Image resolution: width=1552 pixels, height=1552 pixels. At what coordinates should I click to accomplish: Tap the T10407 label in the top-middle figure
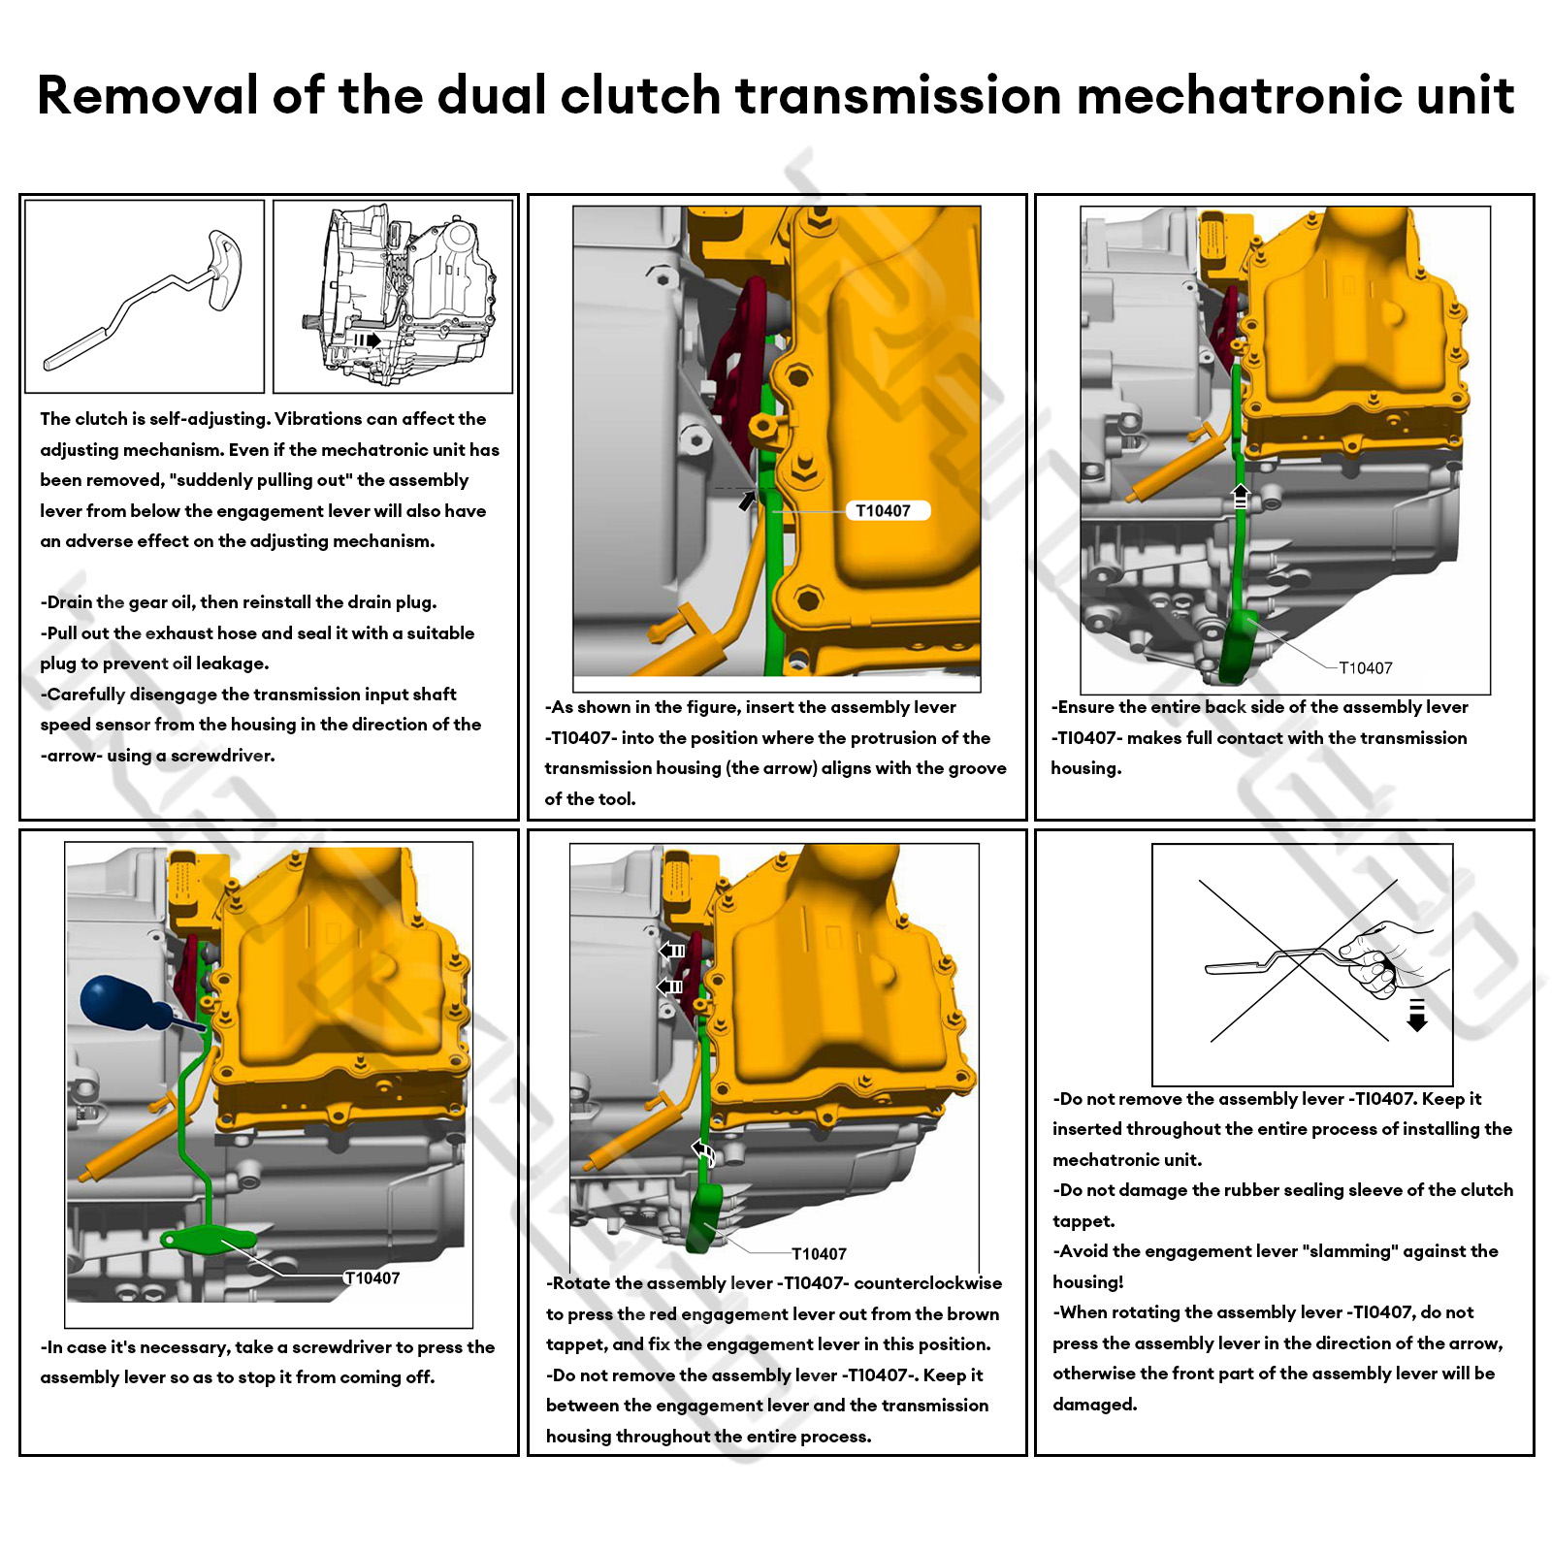click(x=883, y=511)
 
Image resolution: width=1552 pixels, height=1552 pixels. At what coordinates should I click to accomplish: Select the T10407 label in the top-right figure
click(x=1366, y=668)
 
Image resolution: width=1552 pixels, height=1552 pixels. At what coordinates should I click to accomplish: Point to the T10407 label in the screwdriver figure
click(x=373, y=1278)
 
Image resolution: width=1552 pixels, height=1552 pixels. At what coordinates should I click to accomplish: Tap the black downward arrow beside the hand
click(x=1417, y=1015)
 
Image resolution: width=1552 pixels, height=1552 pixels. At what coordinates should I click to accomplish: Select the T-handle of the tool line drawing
click(x=222, y=270)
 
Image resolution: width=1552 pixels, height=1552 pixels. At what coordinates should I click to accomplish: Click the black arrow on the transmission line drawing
click(x=367, y=339)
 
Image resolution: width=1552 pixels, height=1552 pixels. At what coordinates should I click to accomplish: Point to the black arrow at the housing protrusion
click(x=747, y=501)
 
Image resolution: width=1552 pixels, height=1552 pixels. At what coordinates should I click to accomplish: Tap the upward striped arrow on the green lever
click(x=1240, y=497)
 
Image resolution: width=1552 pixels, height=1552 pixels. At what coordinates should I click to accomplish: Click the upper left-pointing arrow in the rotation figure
click(x=672, y=951)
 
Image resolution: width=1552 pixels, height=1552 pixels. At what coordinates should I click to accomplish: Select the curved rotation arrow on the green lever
click(x=703, y=1152)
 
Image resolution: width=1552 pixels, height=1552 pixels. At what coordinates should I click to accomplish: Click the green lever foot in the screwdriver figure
click(x=208, y=1240)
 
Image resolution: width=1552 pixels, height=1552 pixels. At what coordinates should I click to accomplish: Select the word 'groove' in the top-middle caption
click(x=977, y=768)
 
